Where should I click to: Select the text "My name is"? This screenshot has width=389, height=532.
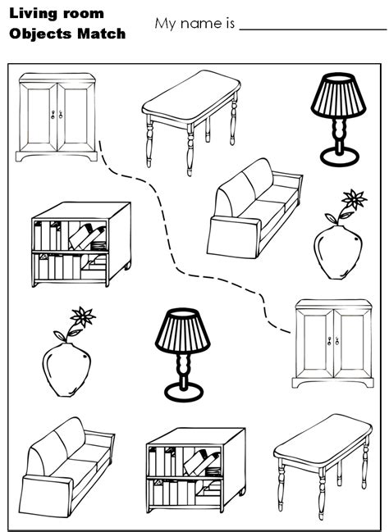pyautogui.click(x=193, y=23)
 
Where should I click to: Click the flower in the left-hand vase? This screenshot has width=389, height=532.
pyautogui.click(x=82, y=315)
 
